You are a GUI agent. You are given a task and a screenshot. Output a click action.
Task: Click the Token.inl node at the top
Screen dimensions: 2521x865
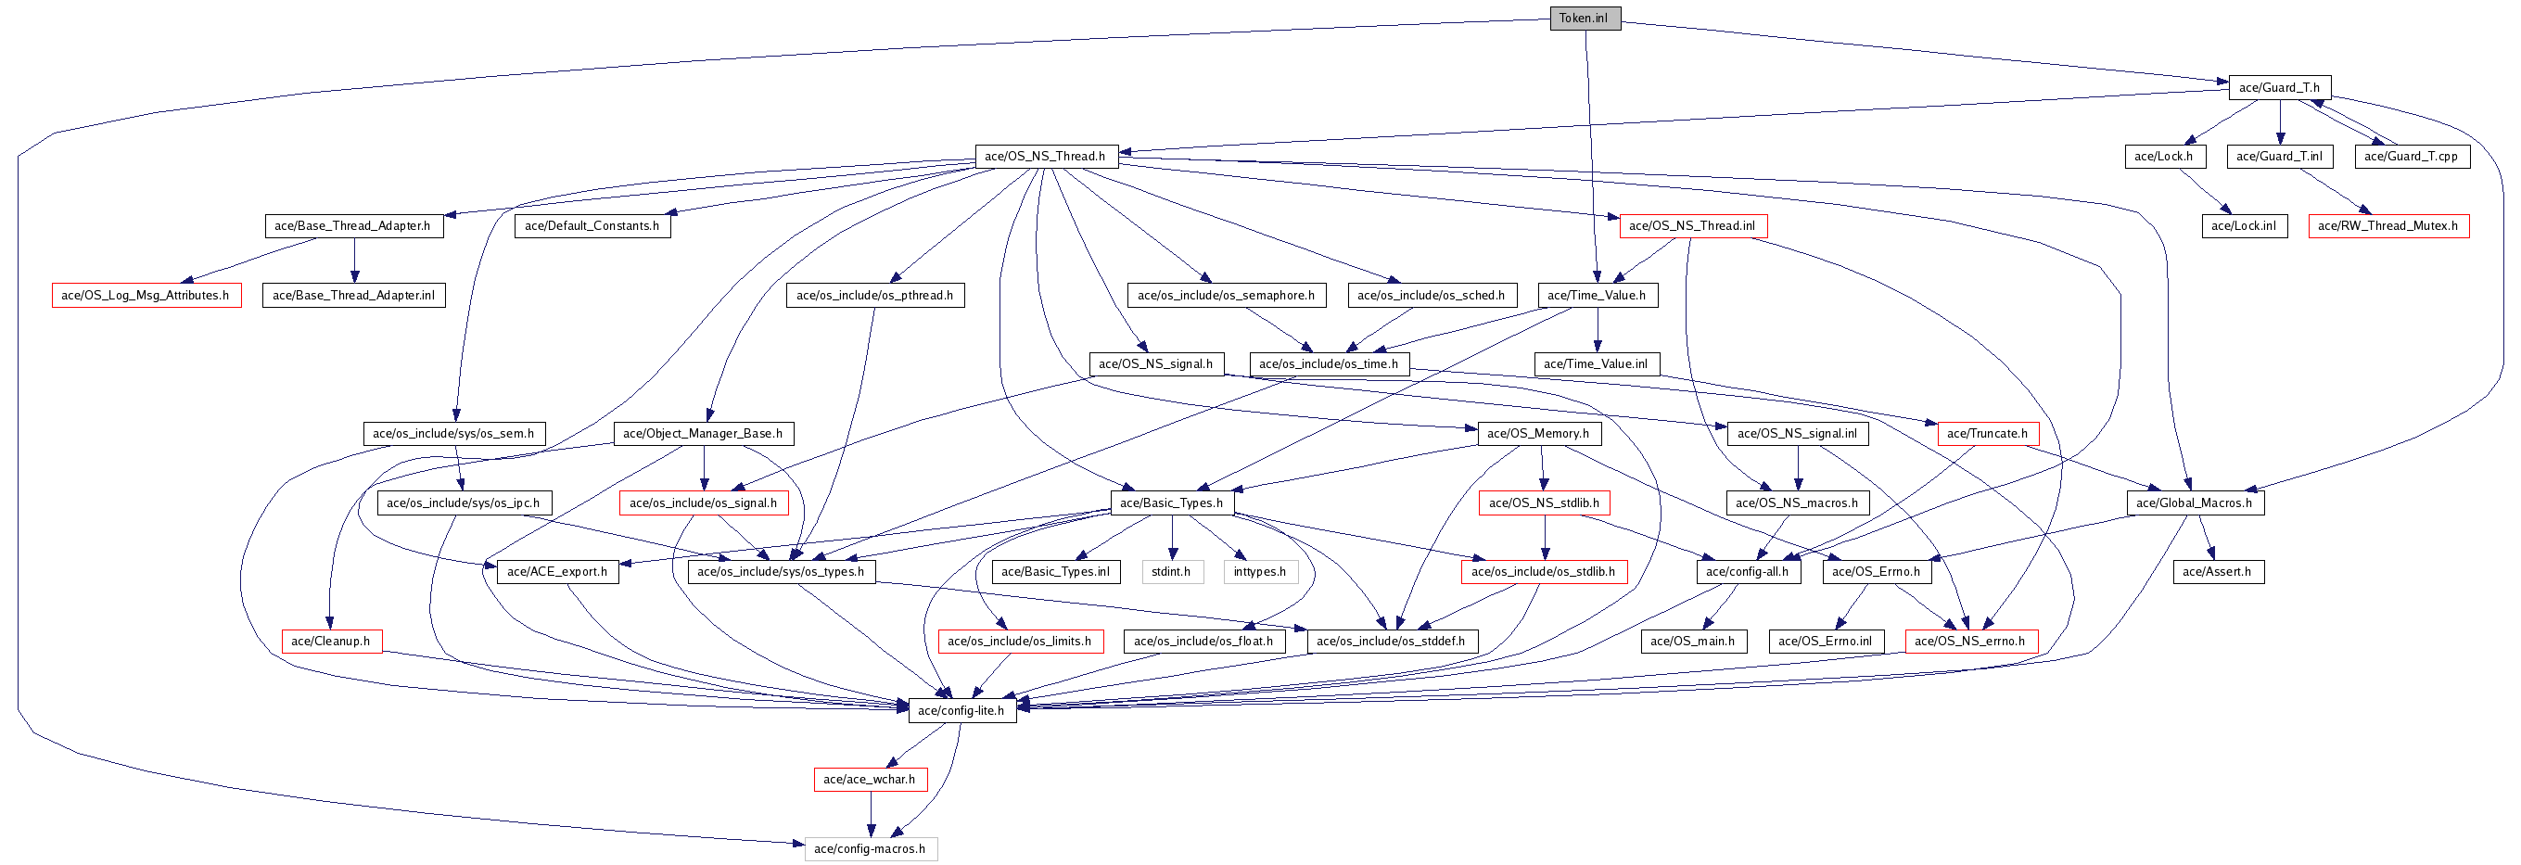[x=1585, y=19]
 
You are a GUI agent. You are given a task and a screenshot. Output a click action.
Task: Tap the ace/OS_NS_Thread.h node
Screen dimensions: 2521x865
[x=1046, y=157]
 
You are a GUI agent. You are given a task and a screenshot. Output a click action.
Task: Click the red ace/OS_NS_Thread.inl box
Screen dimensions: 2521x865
[x=1693, y=226]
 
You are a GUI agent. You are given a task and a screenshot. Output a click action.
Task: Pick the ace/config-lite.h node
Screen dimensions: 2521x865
[x=962, y=710]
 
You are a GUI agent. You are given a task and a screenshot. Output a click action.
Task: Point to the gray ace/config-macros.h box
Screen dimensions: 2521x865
[x=871, y=849]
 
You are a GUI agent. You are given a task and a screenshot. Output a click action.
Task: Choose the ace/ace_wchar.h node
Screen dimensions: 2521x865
[x=870, y=780]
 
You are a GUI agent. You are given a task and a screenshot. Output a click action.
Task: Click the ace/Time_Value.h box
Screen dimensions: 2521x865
[x=1598, y=296]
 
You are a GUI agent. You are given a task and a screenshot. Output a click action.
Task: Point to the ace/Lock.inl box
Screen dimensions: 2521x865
[x=2245, y=226]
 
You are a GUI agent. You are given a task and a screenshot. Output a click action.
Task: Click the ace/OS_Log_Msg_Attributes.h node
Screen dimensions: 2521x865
[x=146, y=296]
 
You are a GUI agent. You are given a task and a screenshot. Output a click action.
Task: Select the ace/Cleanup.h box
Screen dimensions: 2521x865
[x=331, y=642]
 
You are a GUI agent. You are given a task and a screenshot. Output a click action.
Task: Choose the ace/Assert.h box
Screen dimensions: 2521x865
[x=2218, y=571]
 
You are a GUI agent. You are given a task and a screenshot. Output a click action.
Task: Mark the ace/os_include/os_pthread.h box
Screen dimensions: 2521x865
[x=875, y=296]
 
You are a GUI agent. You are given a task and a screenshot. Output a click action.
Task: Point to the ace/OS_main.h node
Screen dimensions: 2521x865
[x=1693, y=642]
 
